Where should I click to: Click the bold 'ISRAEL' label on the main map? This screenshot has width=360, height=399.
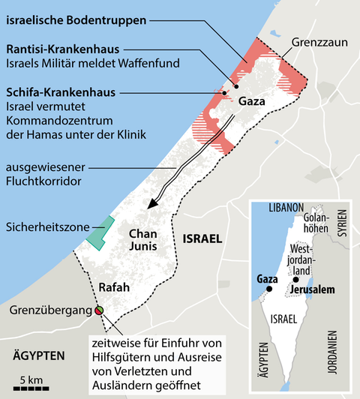pos(202,239)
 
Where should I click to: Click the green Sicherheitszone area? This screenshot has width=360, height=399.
pos(102,229)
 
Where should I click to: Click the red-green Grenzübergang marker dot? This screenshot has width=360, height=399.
pos(99,310)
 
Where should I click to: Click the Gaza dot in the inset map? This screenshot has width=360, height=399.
pos(268,289)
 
